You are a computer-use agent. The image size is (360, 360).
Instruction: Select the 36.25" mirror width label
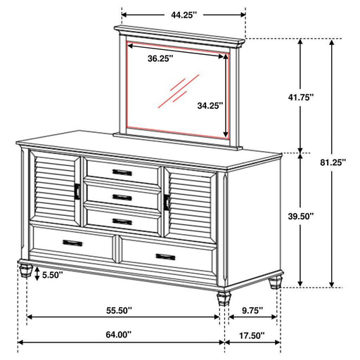(x=162, y=59)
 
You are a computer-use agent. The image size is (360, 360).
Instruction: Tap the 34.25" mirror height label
(x=210, y=105)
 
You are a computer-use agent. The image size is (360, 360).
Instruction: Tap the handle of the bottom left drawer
(x=72, y=243)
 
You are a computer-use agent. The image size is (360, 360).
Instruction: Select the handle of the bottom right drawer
(x=167, y=257)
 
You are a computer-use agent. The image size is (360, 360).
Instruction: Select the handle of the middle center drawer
(x=122, y=196)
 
